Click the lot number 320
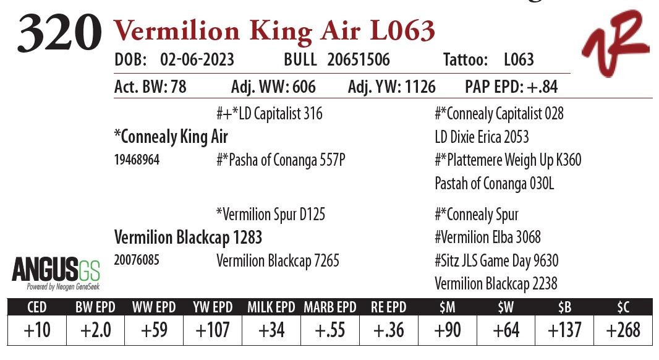click(59, 33)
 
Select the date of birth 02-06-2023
click(197, 60)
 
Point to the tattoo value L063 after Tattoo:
click(519, 60)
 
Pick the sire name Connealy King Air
click(171, 136)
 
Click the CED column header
click(36, 307)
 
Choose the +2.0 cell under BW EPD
click(96, 330)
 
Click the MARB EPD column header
click(329, 307)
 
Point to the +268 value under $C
click(623, 330)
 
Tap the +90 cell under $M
click(447, 330)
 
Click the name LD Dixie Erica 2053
click(482, 137)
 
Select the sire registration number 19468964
click(137, 160)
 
